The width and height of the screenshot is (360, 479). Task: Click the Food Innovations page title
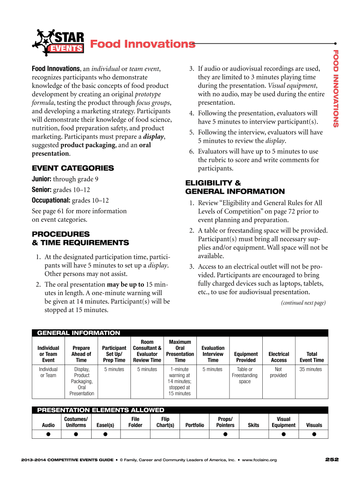(143, 44)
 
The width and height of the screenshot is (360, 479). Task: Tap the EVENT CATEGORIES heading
(72, 168)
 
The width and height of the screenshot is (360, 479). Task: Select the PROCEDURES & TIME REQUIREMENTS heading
(80, 238)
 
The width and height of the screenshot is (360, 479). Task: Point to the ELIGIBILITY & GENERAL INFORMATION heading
(235, 187)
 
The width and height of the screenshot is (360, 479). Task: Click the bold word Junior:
(41, 179)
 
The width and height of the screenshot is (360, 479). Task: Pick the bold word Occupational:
(50, 200)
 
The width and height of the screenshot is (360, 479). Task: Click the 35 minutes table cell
(310, 370)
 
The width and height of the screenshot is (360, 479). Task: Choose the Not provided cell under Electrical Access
(278, 372)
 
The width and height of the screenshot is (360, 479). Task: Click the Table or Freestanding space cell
(245, 375)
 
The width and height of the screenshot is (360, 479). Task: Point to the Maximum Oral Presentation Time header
(180, 351)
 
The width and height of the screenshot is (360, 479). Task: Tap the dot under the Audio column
(48, 434)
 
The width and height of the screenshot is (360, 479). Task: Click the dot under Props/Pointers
(225, 434)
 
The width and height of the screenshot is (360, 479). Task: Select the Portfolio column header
(194, 425)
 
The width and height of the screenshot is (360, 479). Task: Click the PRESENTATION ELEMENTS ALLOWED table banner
(101, 410)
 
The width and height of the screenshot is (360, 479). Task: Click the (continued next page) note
(303, 303)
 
